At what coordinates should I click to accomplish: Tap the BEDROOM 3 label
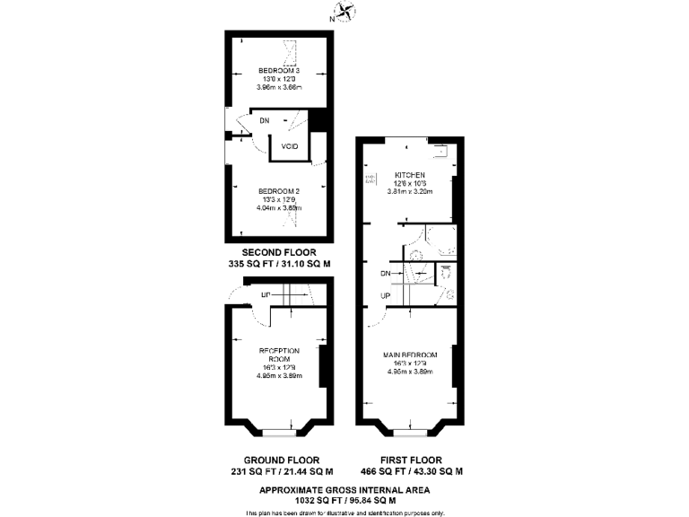[x=279, y=71]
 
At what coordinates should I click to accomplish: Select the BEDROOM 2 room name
[x=279, y=191]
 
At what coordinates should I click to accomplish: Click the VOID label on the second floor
[x=290, y=146]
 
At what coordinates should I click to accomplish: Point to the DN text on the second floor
[x=264, y=120]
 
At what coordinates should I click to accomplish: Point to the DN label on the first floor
[x=385, y=273]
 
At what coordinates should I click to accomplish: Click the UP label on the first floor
[x=385, y=295]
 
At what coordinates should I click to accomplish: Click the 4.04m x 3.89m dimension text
[x=279, y=207]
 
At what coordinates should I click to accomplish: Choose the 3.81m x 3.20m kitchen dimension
[x=410, y=191]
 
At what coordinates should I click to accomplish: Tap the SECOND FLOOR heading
[x=279, y=252]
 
